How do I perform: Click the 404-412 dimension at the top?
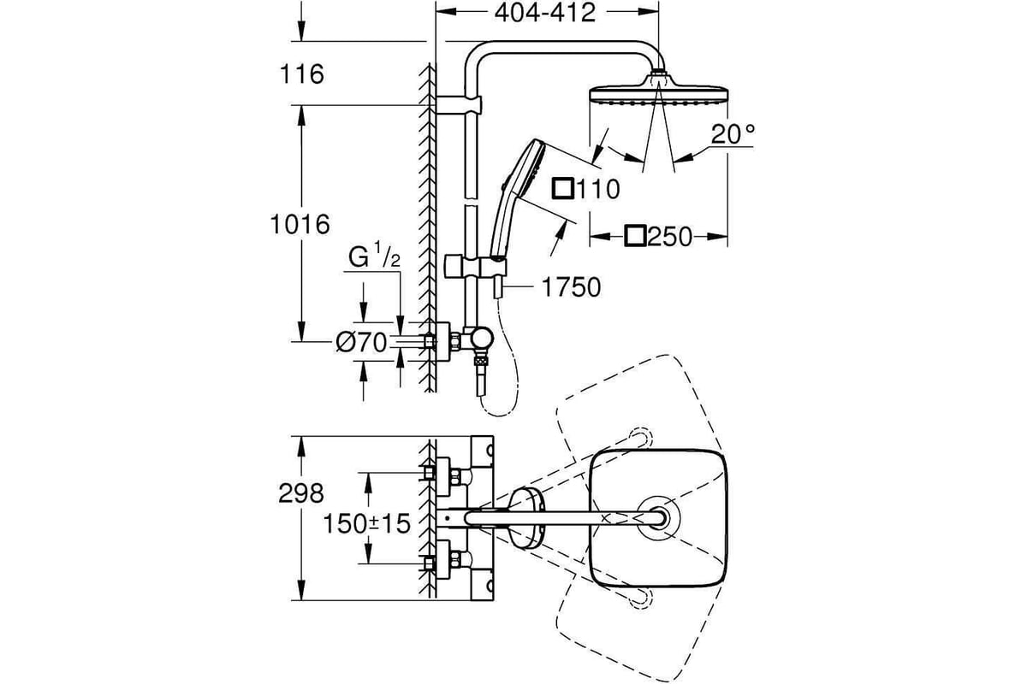pos(544,13)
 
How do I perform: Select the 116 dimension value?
pos(301,74)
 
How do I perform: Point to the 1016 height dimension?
pos(300,225)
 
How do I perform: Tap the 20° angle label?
pos(733,134)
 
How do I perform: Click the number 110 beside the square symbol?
pos(597,189)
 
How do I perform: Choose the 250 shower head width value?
pos(670,237)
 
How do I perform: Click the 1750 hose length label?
pos(571,288)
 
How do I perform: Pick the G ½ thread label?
pos(374,256)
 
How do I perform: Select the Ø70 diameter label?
pos(361,342)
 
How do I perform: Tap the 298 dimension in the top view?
pos(300,494)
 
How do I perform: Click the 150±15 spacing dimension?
pos(367,523)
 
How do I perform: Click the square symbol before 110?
pos(563,188)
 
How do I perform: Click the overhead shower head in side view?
pos(658,94)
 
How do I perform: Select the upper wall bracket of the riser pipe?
pos(459,105)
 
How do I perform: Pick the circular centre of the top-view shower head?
pos(658,518)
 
